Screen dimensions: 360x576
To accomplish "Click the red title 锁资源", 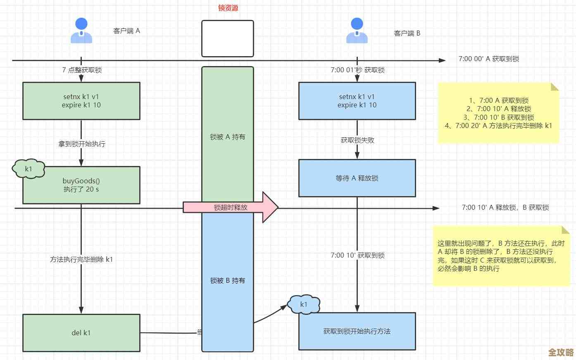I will pos(228,8).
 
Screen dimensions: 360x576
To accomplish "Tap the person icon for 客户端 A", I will pos(81,31).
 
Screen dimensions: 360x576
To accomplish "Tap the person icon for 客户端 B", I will pos(357,31).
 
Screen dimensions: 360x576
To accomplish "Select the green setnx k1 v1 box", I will pos(81,101).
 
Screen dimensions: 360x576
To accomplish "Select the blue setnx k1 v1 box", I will pos(357,101).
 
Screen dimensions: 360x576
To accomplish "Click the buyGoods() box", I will pos(81,185).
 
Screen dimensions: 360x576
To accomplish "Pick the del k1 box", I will pos(81,333).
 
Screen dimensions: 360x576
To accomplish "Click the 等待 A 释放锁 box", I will pos(357,178).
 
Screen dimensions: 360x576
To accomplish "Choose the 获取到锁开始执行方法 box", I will pos(357,331).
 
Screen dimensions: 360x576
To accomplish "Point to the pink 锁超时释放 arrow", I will pos(231,207).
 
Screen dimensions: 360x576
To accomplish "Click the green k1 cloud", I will pos(29,169).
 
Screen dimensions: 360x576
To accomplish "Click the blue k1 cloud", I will pos(304,305).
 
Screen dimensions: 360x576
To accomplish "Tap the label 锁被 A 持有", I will pos(228,137).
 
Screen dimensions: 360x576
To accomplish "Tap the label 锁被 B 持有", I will pos(228,281).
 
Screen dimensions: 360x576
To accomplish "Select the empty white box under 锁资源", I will pos(228,38).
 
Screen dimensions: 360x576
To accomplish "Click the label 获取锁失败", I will pos(357,140).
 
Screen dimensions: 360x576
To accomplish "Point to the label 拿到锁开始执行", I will pos(82,144).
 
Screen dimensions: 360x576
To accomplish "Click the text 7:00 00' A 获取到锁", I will pos(489,59).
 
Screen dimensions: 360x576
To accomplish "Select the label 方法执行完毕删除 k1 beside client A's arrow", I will pos(81,260).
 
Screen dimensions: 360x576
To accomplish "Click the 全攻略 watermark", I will pos(561,352).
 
